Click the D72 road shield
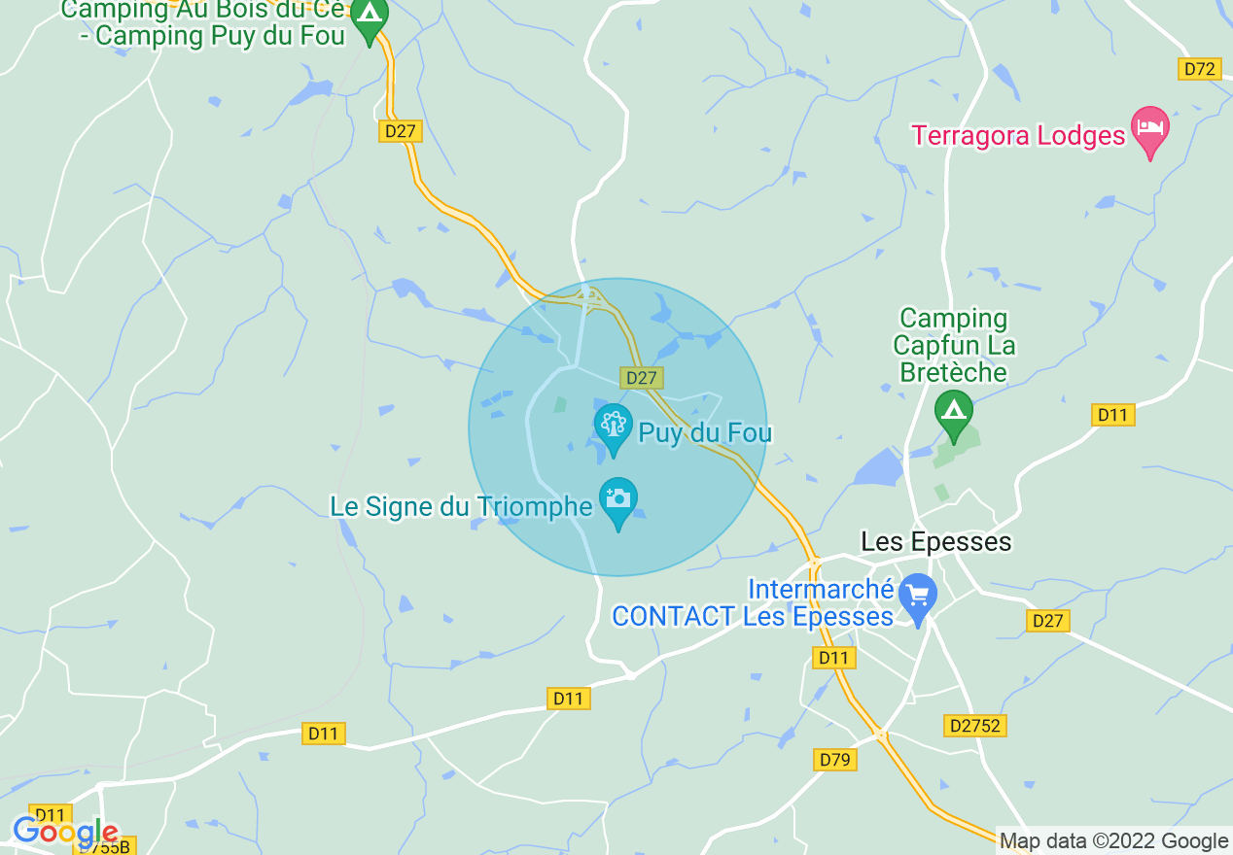(x=1199, y=69)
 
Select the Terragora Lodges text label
(x=1017, y=135)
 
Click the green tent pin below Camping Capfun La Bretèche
(x=953, y=412)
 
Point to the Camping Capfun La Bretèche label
(x=953, y=345)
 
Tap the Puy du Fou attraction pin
(x=613, y=427)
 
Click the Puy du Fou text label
(x=704, y=431)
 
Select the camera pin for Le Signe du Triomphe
(x=618, y=500)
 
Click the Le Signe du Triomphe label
(x=462, y=507)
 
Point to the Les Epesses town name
(x=936, y=541)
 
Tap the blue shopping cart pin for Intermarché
(x=917, y=595)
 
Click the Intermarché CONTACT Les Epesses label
(x=752, y=602)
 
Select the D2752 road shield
(x=973, y=726)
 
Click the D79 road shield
(x=835, y=760)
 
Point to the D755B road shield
(x=104, y=846)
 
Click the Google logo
(x=65, y=832)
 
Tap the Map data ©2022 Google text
(x=1114, y=841)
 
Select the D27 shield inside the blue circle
(x=642, y=378)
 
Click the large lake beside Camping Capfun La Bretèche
(x=880, y=468)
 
